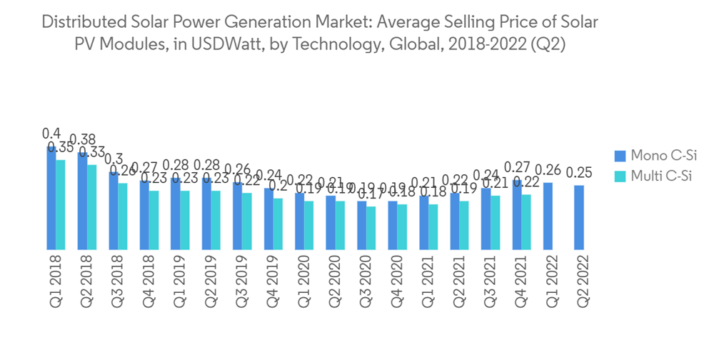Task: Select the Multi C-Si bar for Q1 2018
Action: pos(61,204)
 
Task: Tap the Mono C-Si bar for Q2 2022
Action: pos(578,217)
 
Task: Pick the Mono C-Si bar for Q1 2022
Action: pos(548,216)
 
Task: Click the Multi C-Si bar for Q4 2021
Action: pos(526,222)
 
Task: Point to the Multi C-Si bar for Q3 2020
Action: pos(371,228)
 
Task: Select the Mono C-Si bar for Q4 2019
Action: pos(268,219)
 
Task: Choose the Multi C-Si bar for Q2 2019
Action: pos(216,220)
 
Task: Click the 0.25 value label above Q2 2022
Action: pos(579,173)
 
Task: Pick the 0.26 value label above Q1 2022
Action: pos(548,170)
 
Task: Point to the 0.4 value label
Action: pos(51,134)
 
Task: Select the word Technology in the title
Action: pos(336,44)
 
